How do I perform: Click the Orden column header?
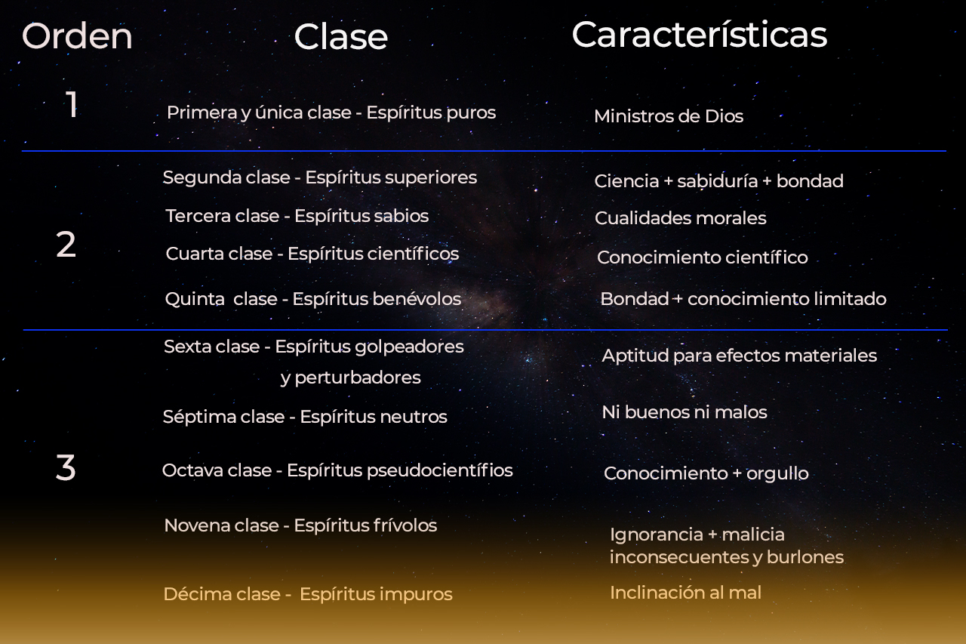77,36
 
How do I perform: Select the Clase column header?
340,36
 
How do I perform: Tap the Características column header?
699,35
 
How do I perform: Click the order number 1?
72,105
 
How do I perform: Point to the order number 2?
66,245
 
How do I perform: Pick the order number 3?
66,468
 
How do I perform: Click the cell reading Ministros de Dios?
668,116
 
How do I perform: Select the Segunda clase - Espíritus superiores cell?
319,177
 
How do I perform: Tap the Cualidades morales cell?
680,218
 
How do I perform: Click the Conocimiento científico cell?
702,257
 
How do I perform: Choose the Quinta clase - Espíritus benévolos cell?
312,299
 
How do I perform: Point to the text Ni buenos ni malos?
684,412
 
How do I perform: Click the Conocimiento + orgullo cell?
706,473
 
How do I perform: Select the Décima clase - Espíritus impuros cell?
308,594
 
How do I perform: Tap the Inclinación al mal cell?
685,593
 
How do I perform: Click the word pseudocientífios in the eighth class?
439,470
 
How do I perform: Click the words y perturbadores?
350,377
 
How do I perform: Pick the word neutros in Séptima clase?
414,417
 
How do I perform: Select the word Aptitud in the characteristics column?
629,356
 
